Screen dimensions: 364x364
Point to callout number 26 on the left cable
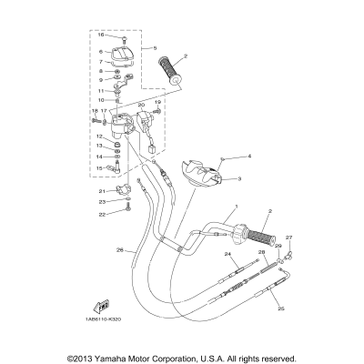click(x=118, y=250)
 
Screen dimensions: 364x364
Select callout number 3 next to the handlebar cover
click(x=238, y=180)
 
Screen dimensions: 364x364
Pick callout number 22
click(x=103, y=214)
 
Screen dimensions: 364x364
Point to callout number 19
click(x=157, y=103)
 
